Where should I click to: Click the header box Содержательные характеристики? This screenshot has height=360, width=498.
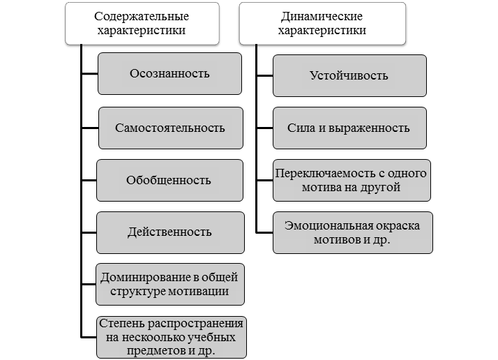142,23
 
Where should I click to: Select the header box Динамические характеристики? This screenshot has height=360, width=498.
322,23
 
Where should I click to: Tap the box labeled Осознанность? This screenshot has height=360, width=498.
169,74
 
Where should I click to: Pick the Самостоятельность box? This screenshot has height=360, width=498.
171,128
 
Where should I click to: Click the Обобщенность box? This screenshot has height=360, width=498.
169,180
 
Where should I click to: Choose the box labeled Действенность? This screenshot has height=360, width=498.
170,232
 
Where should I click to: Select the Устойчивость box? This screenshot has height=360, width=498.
349,75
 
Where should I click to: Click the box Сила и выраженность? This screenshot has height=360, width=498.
349,128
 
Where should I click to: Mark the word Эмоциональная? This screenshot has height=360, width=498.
329,225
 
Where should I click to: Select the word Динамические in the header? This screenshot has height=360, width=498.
322,17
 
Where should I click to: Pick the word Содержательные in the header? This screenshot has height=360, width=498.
142,17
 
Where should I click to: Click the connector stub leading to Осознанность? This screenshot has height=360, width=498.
90,74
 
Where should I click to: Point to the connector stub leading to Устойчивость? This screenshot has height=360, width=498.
265,75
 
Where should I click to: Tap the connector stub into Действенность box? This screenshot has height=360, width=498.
89,232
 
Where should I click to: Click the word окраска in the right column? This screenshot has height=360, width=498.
398,225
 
